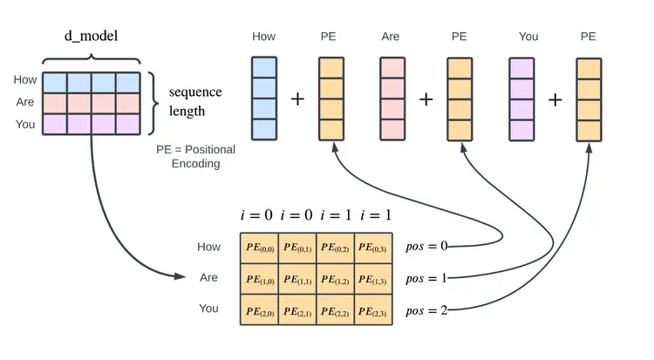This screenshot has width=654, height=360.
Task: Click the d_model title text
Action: point(91,36)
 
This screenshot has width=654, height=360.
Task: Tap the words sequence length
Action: point(195,101)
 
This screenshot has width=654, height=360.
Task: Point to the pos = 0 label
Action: point(426,246)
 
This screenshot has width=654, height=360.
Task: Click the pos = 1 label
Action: point(426,278)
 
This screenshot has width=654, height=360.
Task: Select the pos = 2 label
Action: point(426,309)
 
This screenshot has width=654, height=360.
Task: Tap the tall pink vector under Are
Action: point(392,98)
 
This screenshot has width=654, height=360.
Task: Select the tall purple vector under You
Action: point(521,98)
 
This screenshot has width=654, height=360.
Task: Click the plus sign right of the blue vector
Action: point(297,99)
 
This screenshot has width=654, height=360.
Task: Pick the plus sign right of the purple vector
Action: point(555,99)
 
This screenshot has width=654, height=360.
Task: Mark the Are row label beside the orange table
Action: point(208,277)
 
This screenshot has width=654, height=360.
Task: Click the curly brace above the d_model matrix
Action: point(91,58)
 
